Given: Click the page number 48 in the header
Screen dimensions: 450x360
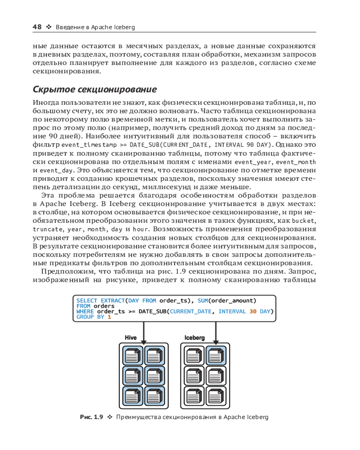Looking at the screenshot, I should coord(37,27).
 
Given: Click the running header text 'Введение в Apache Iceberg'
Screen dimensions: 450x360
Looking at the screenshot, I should coord(95,27).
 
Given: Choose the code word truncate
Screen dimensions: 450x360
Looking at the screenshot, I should coord(45,229).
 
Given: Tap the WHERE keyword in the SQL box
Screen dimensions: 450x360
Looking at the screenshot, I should coord(85,311).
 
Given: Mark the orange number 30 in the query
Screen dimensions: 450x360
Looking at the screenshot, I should coord(253,311).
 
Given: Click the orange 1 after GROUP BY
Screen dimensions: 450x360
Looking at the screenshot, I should coord(109,317).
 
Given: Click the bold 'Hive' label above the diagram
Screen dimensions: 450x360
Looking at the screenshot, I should coord(130,337).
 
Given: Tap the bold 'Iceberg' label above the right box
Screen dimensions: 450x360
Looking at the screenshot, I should coord(194,337).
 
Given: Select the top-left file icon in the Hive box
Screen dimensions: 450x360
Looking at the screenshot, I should coord(132,355).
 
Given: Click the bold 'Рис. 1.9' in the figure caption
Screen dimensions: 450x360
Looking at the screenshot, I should coord(92,417).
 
